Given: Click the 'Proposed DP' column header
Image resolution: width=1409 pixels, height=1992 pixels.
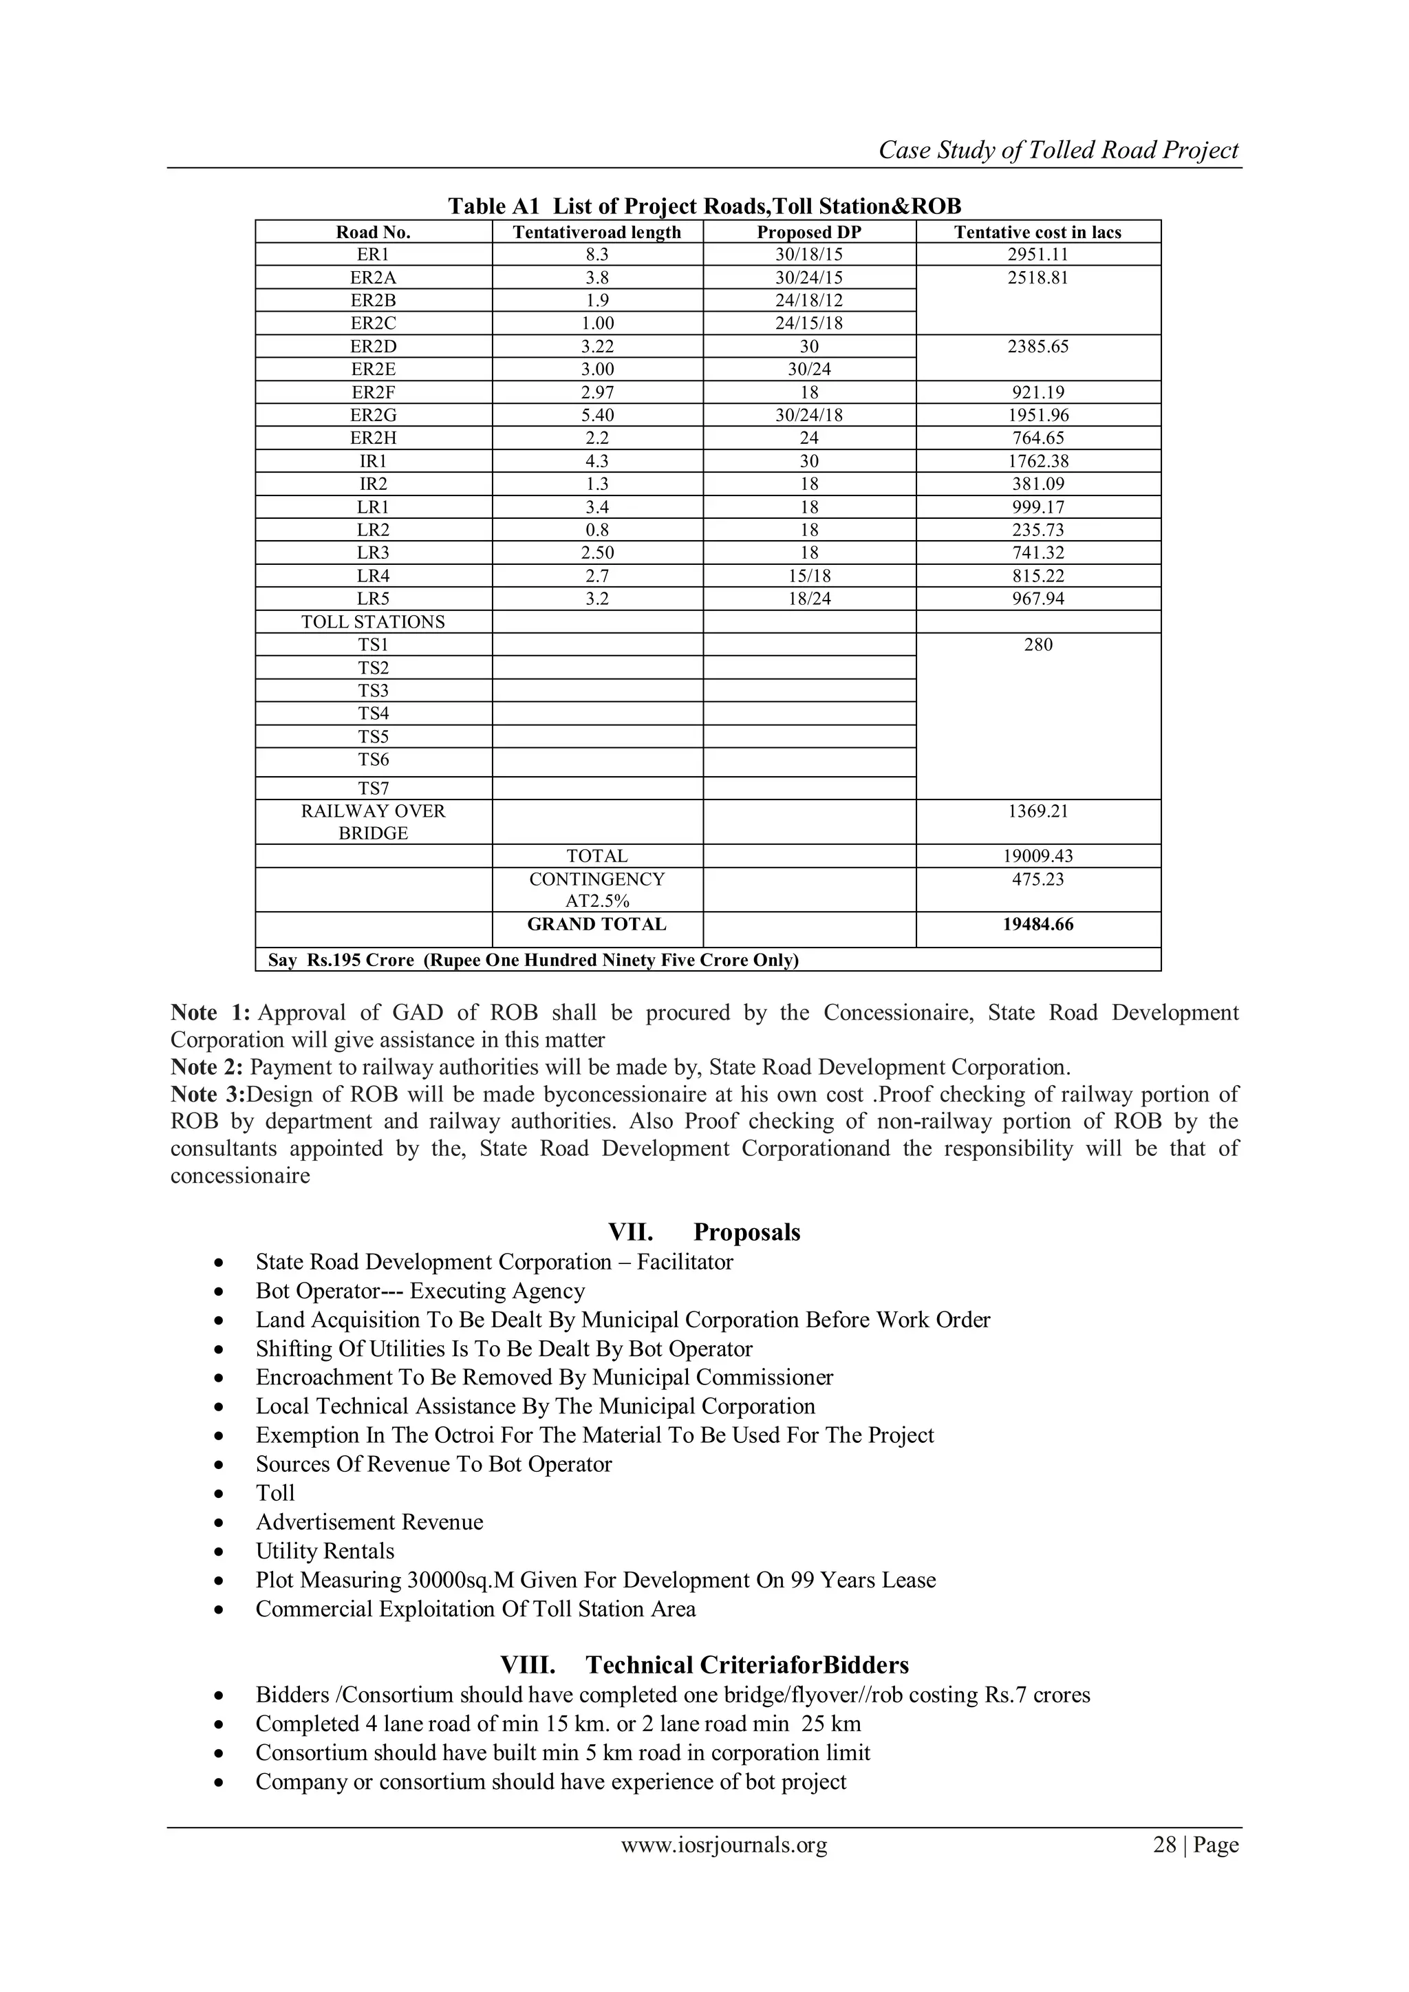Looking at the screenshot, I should click(x=808, y=232).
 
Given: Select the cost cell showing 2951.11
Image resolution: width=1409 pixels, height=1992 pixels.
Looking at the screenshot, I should click(x=1037, y=254).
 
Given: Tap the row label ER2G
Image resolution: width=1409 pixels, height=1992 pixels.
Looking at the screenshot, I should click(x=373, y=416).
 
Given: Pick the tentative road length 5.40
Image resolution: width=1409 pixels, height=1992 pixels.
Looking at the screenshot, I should click(x=597, y=416).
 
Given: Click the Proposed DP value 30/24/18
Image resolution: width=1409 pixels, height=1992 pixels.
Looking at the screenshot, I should click(x=808, y=416).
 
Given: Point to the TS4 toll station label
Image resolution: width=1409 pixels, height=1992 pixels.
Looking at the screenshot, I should click(x=373, y=713).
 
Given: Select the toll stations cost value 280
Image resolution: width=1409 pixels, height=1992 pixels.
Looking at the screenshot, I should click(x=1037, y=645).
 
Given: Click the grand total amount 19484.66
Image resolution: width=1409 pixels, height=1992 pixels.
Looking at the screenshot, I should click(x=1037, y=924).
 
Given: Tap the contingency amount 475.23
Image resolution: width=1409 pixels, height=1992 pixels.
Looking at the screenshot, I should click(x=1037, y=879).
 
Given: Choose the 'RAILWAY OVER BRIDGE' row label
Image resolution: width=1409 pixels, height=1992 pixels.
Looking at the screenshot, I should click(x=373, y=822).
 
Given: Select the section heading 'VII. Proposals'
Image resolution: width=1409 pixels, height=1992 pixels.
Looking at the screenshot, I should click(x=704, y=1232).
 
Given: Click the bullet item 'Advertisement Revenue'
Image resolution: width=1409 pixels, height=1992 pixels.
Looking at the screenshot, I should click(x=369, y=1522).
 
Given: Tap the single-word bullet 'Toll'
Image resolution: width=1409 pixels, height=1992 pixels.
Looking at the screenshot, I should click(x=275, y=1492).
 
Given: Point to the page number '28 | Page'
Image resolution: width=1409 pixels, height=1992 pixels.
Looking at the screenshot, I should click(x=1195, y=1845).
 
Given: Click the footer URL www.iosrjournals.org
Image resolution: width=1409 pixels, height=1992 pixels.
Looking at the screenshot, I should click(x=724, y=1845).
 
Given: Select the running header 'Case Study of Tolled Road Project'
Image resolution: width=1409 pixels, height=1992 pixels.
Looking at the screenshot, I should click(x=1059, y=150).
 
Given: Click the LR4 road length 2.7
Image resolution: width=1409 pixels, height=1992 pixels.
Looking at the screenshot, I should click(x=597, y=576).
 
